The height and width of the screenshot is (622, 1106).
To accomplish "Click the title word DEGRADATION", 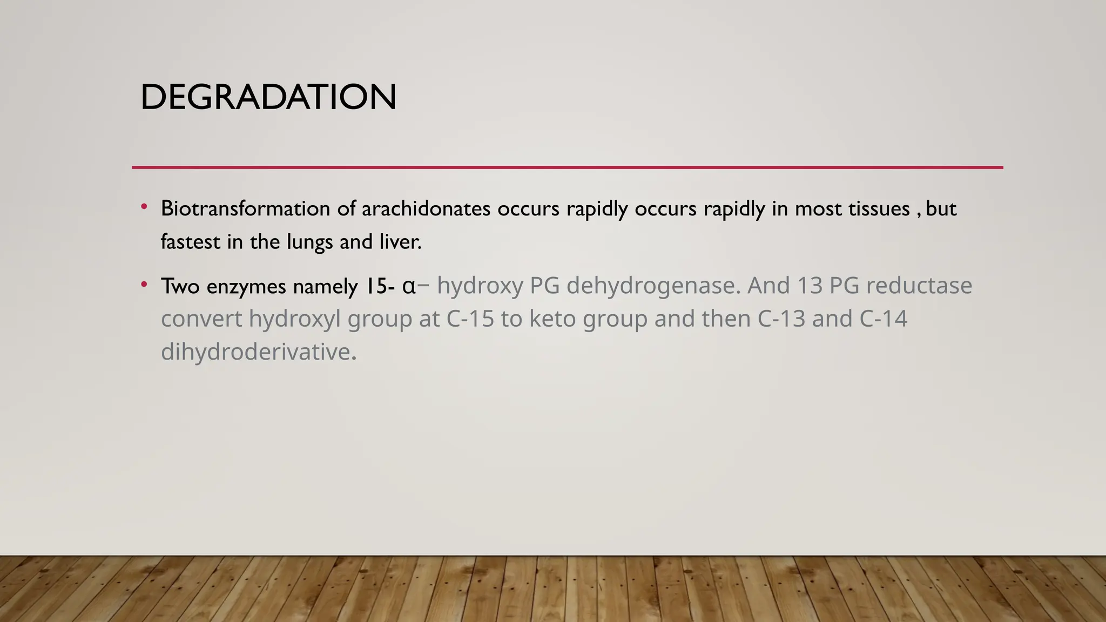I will click(x=268, y=98).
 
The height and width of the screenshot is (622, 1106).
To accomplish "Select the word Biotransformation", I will click(x=245, y=209).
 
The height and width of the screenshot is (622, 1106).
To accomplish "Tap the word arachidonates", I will click(x=426, y=209).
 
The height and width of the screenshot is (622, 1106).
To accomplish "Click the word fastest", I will click(x=191, y=242).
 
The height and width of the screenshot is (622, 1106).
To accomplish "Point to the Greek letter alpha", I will click(x=409, y=286).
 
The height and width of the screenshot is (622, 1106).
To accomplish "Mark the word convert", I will click(x=201, y=319).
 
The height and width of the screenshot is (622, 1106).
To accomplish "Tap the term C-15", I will click(x=470, y=319).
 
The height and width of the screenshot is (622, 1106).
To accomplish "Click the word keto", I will click(x=552, y=319).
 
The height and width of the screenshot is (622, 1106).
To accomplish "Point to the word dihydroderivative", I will click(x=256, y=352).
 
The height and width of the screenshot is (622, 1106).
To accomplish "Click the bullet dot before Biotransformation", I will click(x=144, y=207).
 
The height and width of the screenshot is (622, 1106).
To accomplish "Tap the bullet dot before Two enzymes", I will click(x=144, y=284).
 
